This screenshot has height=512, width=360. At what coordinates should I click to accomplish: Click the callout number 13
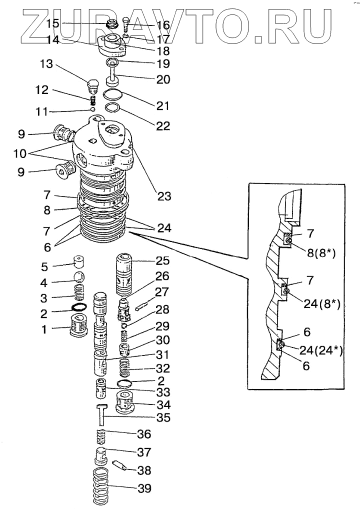(x=46, y=65)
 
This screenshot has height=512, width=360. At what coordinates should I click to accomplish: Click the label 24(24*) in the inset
(x=321, y=350)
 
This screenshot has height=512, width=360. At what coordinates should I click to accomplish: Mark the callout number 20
(x=163, y=79)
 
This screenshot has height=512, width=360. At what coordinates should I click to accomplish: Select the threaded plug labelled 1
(x=80, y=329)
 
